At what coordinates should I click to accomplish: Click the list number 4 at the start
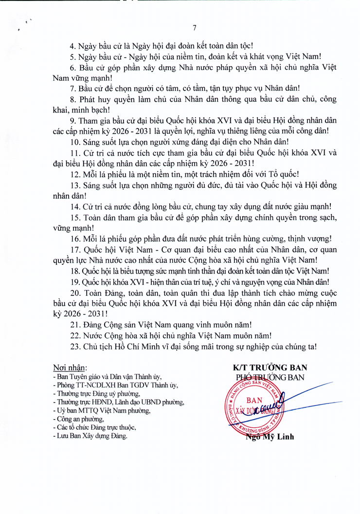pos(73,47)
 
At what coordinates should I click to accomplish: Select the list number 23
pos(75,347)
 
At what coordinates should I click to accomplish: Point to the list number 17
pos(75,250)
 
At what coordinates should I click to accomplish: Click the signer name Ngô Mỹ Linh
pos(270,437)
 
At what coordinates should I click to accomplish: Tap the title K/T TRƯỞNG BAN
pos(270,367)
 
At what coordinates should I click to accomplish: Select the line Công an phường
pos(73,419)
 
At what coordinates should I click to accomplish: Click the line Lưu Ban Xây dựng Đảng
pos(89,436)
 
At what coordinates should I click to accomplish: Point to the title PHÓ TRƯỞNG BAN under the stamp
pos(270,378)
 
